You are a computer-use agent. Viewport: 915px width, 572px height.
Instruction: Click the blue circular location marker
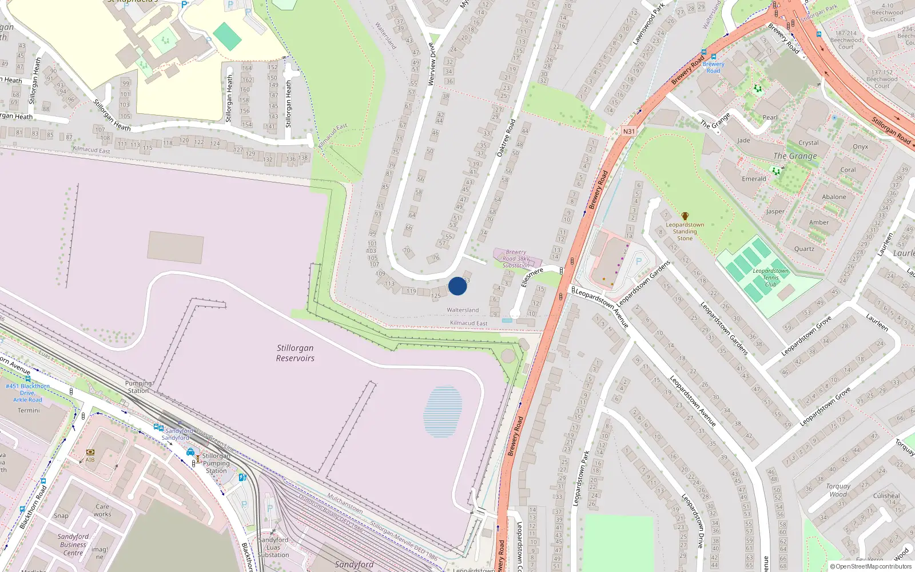(457, 286)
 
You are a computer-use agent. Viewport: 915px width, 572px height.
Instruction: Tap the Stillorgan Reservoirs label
(295, 353)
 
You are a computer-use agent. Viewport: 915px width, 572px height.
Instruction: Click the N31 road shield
(628, 132)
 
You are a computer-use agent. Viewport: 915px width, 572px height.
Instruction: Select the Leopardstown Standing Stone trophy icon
(685, 216)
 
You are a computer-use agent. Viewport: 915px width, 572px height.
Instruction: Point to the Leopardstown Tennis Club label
(770, 277)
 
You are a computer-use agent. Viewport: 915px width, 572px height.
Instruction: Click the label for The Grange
(795, 156)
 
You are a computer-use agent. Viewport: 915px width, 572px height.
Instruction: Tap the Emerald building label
(754, 179)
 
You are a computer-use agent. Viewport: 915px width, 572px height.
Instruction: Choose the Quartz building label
(804, 249)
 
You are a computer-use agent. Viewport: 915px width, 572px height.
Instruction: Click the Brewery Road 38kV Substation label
(516, 259)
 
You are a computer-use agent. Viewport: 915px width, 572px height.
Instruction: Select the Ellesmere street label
(532, 277)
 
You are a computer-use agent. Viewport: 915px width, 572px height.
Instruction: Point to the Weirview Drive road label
(432, 64)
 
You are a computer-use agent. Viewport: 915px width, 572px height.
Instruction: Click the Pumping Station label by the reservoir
(138, 387)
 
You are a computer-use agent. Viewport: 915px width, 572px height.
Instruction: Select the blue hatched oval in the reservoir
(443, 412)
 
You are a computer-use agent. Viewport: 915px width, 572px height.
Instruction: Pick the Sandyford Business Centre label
(73, 545)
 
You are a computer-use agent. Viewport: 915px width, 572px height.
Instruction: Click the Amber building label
(818, 223)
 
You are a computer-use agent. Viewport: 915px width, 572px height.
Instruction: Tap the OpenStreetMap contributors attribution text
(871, 567)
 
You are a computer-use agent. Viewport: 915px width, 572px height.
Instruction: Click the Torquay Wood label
(838, 490)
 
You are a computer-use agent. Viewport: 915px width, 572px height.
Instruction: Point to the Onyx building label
(860, 147)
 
